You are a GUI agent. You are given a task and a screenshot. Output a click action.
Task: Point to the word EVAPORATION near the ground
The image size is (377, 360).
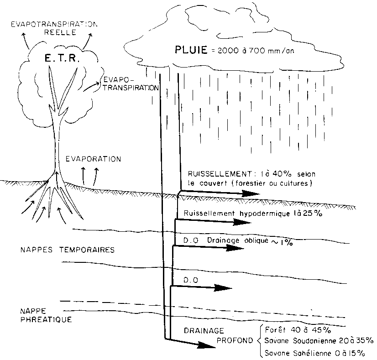click(93, 159)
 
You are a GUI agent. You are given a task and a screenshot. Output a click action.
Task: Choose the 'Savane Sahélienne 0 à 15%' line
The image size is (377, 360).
click(315, 352)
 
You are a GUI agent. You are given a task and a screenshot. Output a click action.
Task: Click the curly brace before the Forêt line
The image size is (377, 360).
click(260, 341)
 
